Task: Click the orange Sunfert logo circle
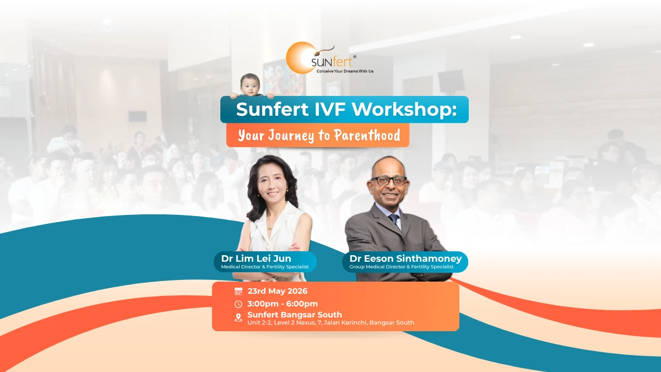click(x=300, y=57)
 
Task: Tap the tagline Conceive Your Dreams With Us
click(x=340, y=72)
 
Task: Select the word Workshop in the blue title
click(x=404, y=109)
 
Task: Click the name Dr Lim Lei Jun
click(x=256, y=258)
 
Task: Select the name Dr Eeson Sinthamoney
click(x=405, y=258)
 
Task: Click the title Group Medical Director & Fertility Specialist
click(x=402, y=267)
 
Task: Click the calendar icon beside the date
click(x=239, y=292)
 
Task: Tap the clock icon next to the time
click(x=239, y=304)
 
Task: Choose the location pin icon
click(x=239, y=317)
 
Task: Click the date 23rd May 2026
click(x=278, y=292)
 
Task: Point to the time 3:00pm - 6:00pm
click(x=283, y=304)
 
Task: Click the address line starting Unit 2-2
click(x=330, y=323)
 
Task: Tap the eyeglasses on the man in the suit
click(x=388, y=180)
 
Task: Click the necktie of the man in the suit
click(x=395, y=220)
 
